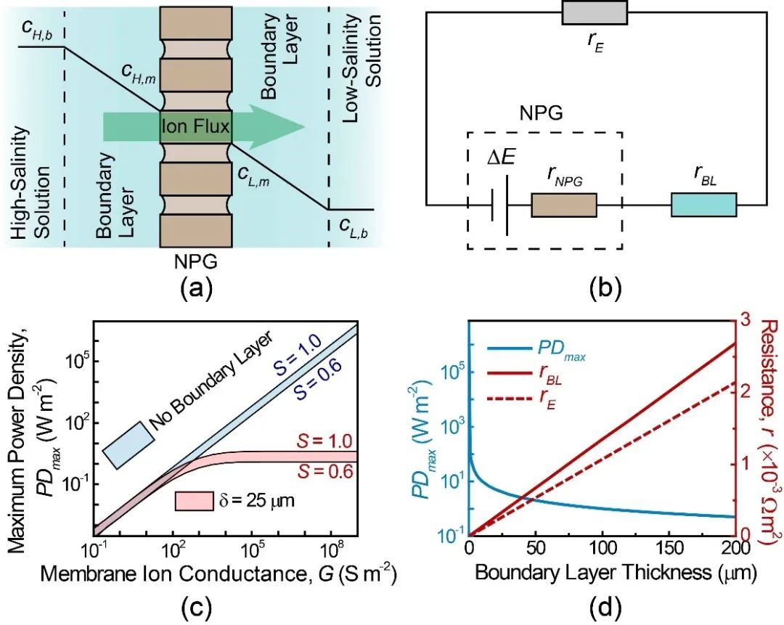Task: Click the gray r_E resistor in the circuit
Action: point(595,12)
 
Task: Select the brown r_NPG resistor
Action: point(564,205)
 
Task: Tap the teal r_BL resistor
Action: point(703,205)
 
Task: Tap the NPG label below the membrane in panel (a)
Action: point(197,261)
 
